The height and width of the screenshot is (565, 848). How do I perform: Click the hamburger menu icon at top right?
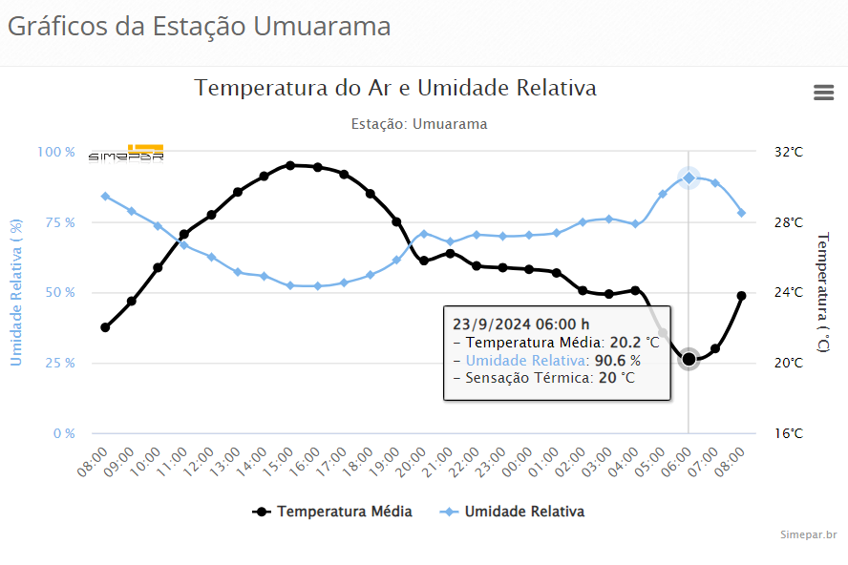click(x=823, y=92)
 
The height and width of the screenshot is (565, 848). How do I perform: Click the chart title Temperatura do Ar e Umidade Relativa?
click(x=395, y=88)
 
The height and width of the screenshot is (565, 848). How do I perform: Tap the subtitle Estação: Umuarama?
click(x=419, y=124)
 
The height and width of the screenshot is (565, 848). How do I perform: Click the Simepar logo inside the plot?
click(x=126, y=154)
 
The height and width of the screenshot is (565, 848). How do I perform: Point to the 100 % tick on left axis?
click(x=56, y=152)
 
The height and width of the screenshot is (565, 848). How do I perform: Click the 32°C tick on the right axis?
click(x=788, y=152)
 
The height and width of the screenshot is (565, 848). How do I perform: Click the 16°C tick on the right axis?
click(x=788, y=433)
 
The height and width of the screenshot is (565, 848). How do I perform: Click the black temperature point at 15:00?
click(x=290, y=165)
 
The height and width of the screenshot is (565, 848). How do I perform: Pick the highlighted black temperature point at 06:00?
click(x=689, y=359)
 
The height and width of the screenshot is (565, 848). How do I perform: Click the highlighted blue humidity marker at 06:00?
click(x=689, y=178)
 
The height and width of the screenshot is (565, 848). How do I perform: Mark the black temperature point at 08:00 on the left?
click(x=105, y=327)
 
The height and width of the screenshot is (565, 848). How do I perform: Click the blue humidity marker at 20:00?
click(x=423, y=234)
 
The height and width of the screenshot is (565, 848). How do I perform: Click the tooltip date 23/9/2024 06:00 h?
click(x=520, y=324)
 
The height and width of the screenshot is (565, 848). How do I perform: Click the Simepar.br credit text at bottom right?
click(x=808, y=535)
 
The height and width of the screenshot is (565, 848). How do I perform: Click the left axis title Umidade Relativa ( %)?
click(x=16, y=293)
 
